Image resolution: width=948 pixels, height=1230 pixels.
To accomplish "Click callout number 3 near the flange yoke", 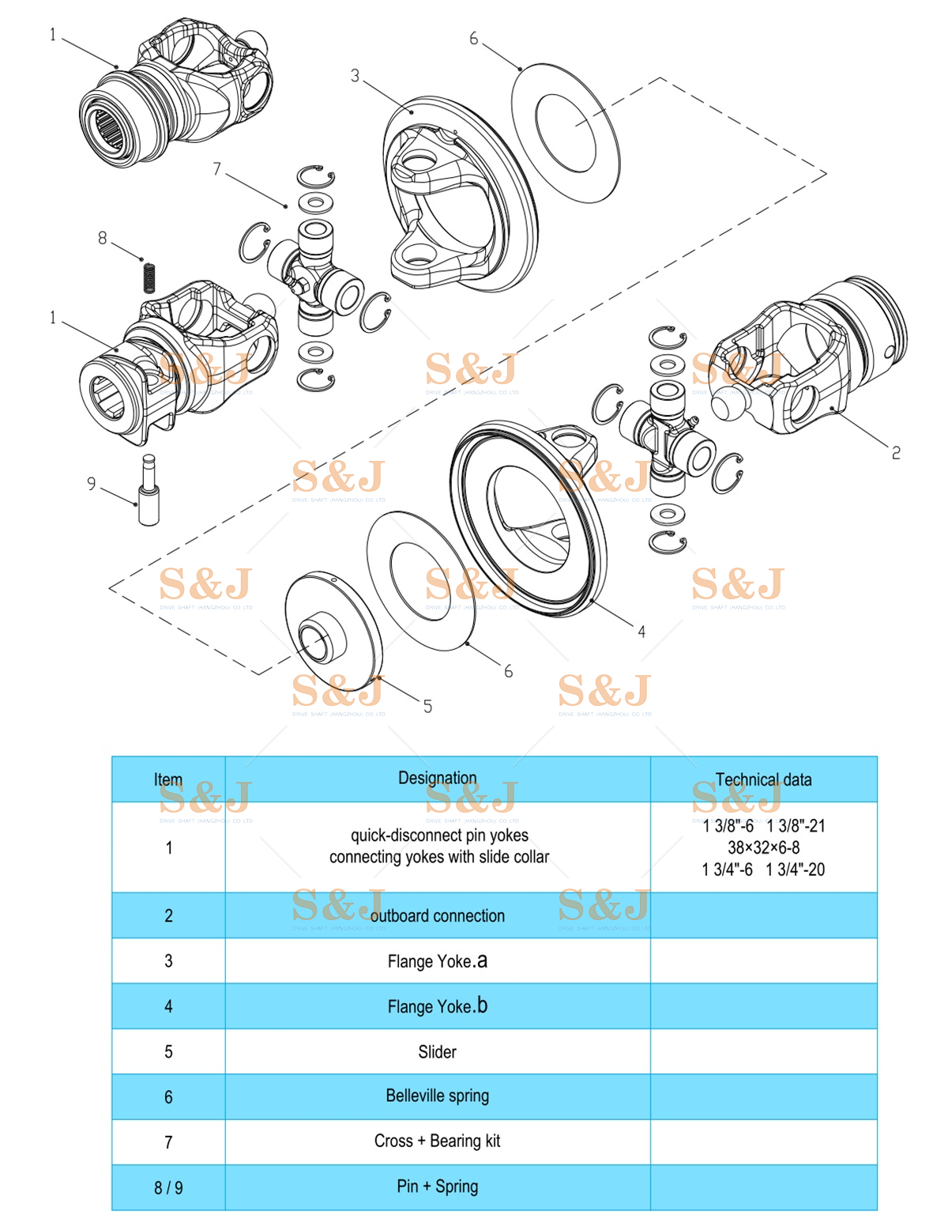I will pyautogui.click(x=355, y=76).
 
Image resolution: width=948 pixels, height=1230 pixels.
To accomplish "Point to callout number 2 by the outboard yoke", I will pyautogui.click(x=896, y=453).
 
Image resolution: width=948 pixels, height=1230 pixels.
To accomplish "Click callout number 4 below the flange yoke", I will pyautogui.click(x=641, y=632).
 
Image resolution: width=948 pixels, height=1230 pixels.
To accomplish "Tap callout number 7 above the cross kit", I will pyautogui.click(x=217, y=169).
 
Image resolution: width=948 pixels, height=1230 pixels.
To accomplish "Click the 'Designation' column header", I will pyautogui.click(x=437, y=779).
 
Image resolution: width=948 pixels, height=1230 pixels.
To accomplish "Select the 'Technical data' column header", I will pyautogui.click(x=763, y=779).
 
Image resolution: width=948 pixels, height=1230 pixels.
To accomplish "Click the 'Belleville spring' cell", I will pyautogui.click(x=437, y=1096).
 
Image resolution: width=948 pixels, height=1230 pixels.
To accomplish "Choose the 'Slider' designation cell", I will pyautogui.click(x=437, y=1051).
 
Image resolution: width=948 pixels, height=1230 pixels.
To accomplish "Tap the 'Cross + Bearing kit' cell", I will pyautogui.click(x=437, y=1141).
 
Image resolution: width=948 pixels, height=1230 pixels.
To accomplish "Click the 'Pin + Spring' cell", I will pyautogui.click(x=437, y=1186).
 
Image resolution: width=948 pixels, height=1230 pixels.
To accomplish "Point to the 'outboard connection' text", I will pyautogui.click(x=437, y=915).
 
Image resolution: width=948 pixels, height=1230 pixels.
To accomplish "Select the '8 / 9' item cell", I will pyautogui.click(x=168, y=1187).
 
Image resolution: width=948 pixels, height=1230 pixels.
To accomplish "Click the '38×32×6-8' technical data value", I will pyautogui.click(x=763, y=847).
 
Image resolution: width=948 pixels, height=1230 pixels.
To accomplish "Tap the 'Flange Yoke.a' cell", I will pyautogui.click(x=437, y=960).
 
